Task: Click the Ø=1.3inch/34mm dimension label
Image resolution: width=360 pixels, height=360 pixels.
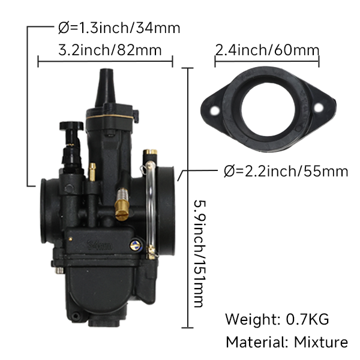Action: click(119, 28)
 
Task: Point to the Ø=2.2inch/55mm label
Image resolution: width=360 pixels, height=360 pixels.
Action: click(286, 172)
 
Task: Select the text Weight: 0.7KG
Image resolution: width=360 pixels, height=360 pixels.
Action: click(277, 319)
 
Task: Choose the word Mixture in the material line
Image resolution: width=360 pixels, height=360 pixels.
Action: click(320, 343)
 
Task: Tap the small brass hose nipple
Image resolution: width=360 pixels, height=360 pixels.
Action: click(92, 172)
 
